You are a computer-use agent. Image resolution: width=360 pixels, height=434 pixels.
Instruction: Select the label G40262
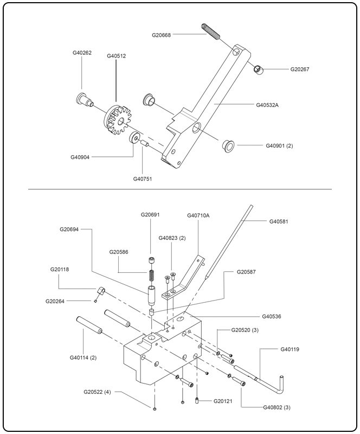point(82,53)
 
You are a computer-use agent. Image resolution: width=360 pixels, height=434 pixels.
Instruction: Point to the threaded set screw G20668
point(211,32)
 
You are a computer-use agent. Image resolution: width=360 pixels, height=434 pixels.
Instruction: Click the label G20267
point(303,69)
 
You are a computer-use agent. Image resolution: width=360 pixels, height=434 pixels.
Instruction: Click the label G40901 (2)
point(279,145)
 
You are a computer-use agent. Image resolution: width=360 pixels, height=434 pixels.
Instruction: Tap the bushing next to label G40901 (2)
point(228,145)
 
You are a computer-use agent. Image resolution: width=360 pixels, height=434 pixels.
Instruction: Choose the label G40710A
point(198,215)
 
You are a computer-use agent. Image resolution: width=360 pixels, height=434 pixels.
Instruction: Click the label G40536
point(274,316)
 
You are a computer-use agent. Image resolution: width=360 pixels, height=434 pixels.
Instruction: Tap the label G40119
point(290,349)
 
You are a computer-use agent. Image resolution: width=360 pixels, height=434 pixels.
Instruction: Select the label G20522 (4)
point(98,391)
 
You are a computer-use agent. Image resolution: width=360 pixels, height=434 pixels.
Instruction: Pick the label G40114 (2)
point(83,357)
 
